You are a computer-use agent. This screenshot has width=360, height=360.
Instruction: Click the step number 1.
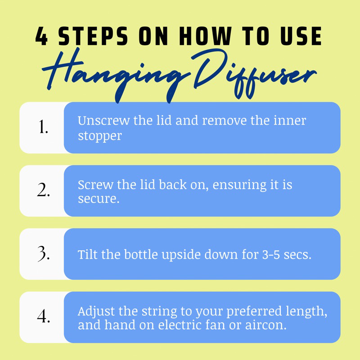click(43, 126)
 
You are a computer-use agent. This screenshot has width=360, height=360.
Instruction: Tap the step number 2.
click(43, 190)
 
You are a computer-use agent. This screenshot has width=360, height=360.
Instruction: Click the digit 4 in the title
click(41, 36)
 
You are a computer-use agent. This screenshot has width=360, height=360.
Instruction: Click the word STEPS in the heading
click(93, 36)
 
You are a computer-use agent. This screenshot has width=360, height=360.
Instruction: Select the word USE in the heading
click(301, 36)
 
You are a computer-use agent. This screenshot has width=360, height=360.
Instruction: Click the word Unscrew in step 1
click(103, 120)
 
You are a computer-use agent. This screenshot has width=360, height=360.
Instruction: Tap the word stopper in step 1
click(99, 136)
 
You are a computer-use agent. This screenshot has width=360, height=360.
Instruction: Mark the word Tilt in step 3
click(87, 254)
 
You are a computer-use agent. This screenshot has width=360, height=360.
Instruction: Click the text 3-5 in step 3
click(271, 255)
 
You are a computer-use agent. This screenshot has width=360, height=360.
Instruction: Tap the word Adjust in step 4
click(96, 312)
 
